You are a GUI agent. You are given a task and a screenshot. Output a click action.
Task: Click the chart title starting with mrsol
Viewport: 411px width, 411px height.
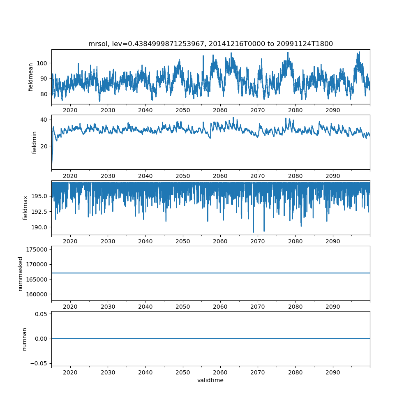pos(210,44)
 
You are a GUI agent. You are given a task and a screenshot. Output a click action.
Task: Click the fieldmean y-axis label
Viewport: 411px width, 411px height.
pos(31,77)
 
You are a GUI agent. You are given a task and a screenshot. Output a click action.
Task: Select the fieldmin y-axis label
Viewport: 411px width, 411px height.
pos(35,142)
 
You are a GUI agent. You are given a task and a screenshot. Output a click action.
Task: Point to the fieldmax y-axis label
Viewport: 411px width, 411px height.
pos(25,208)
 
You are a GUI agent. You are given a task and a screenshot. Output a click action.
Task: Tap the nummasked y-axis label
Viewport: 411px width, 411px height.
pos(20,274)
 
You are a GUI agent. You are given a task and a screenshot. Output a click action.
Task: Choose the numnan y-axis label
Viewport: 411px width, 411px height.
pos(24,339)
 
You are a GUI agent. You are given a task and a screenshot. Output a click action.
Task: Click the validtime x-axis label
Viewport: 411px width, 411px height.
pos(210,381)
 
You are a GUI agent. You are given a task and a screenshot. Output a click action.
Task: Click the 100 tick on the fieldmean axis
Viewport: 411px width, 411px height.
pos(43,63)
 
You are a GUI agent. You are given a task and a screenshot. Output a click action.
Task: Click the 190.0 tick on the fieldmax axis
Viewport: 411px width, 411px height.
pos(39,227)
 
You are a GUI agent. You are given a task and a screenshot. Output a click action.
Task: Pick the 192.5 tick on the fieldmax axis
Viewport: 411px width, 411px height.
pos(39,211)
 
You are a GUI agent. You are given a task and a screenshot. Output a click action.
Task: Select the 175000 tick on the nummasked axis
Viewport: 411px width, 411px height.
pos(37,249)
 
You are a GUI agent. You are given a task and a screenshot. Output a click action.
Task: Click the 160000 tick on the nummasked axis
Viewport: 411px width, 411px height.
pos(37,294)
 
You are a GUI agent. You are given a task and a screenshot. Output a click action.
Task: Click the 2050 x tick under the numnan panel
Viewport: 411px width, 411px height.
pos(183,372)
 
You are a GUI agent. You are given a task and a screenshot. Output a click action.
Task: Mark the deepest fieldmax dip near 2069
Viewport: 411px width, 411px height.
pos(253,232)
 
